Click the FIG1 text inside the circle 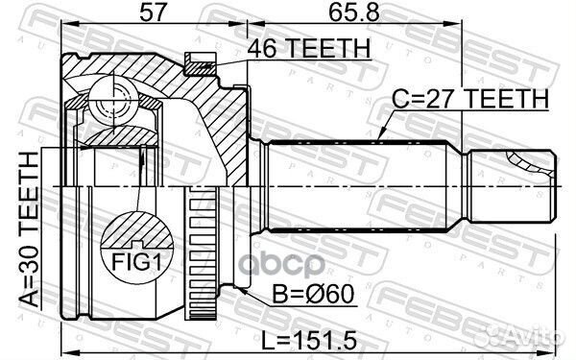[x=134, y=262]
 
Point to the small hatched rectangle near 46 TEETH [x=199, y=65]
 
